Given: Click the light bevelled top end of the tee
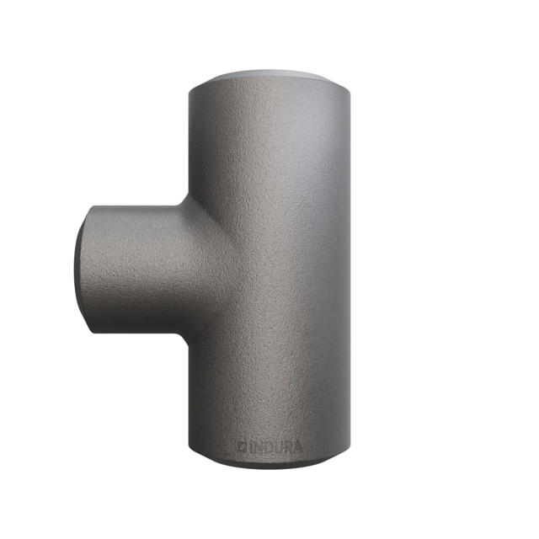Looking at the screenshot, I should point(269,77).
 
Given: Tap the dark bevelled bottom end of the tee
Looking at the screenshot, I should point(269,465).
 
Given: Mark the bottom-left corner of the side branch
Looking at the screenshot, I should point(91,328).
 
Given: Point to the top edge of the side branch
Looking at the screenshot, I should point(135,204).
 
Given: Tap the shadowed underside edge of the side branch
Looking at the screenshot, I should point(135,331).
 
